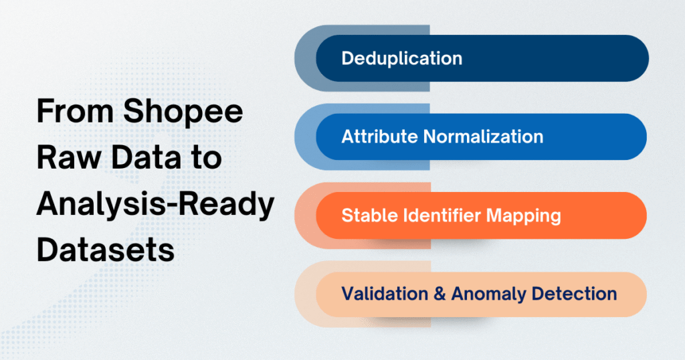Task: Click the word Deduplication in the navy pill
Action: [401, 58]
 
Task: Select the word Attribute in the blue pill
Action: [379, 137]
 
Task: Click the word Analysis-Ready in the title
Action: [155, 205]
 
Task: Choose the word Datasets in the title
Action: [105, 251]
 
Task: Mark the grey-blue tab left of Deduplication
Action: [305, 58]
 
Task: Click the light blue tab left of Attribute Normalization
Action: [305, 137]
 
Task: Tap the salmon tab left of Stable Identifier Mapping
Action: [305, 215]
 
